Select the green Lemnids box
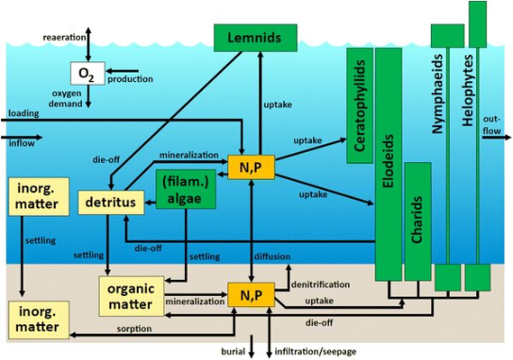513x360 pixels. point(255,38)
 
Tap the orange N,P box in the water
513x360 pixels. point(251,167)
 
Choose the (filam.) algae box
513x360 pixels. point(187,190)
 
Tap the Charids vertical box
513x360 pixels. point(418,221)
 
